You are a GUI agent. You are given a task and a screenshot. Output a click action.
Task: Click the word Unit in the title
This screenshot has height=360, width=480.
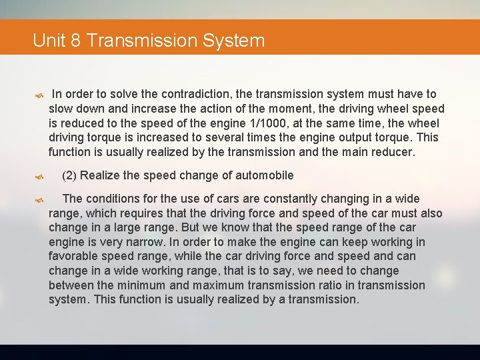coord(50,41)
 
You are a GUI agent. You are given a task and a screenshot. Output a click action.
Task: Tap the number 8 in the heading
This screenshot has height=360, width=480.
coord(76,41)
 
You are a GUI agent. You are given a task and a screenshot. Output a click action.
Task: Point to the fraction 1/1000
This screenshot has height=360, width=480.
coord(273,123)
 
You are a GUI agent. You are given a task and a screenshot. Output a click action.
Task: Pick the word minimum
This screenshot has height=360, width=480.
coord(157,285)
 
